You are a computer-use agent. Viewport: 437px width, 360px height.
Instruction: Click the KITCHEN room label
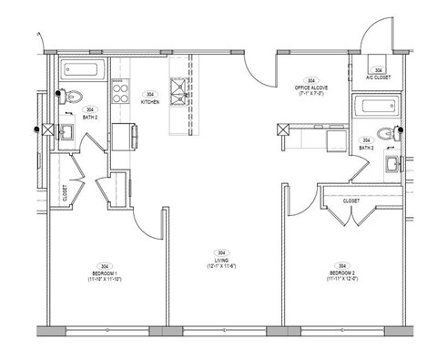point(150,102)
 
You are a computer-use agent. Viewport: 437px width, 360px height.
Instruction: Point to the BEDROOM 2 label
point(339,272)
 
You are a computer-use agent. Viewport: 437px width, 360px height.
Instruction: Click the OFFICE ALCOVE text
point(311,87)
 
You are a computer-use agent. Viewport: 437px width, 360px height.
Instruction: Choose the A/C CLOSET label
point(377,77)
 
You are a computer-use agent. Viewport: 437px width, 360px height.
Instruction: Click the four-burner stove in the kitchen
point(118,89)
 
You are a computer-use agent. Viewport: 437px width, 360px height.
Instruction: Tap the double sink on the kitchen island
point(178,91)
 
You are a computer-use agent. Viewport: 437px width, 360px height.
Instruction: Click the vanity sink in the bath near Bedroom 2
point(391,165)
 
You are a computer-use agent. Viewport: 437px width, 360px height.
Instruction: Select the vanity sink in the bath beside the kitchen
point(66,134)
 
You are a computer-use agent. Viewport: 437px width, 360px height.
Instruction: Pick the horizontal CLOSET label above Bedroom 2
point(351,201)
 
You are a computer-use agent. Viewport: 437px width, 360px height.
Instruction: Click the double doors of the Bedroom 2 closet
point(350,215)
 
